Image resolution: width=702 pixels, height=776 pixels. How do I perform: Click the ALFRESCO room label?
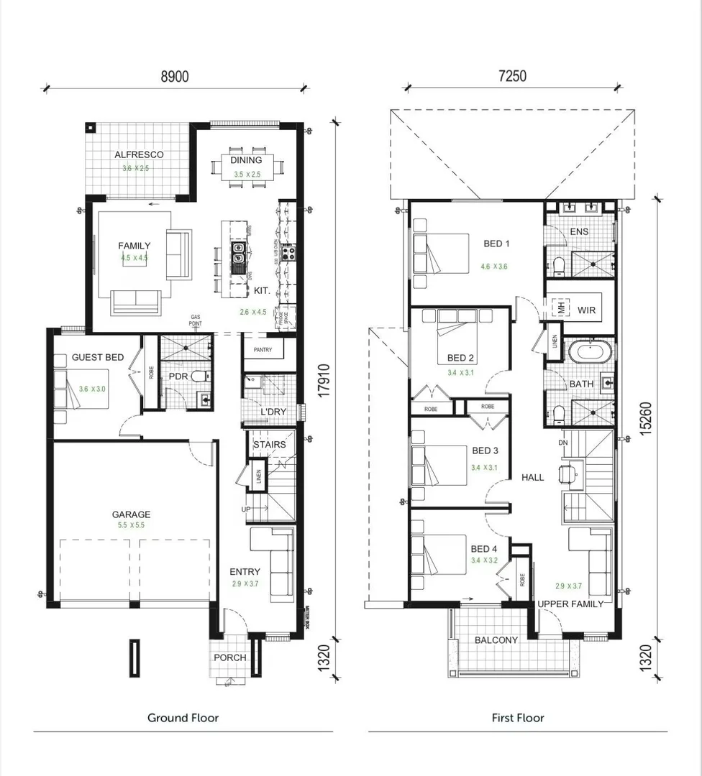point(139,154)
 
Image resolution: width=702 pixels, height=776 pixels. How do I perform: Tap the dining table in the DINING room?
point(246,173)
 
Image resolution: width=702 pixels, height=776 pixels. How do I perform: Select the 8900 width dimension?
point(174,76)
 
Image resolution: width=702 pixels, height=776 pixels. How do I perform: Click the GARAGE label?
point(131,514)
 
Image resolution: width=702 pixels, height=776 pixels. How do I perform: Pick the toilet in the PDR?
point(199,376)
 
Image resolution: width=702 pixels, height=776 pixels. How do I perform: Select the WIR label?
point(587,310)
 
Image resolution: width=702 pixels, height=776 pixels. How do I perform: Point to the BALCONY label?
point(496,640)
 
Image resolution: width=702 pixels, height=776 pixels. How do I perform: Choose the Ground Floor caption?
point(183,717)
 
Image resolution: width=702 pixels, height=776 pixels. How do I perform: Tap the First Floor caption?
point(518,717)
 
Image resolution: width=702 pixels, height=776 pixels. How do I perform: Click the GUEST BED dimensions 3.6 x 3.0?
point(93,389)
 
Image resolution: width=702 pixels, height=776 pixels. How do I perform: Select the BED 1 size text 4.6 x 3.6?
point(494,267)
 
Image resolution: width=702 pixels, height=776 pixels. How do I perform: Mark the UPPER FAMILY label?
point(570,604)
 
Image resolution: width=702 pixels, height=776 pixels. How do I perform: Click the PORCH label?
point(230,657)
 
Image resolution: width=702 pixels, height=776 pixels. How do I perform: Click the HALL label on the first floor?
point(532,477)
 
